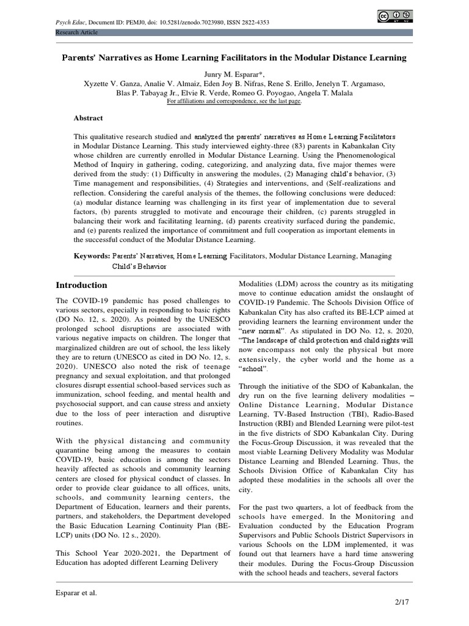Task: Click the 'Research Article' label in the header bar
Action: (76, 32)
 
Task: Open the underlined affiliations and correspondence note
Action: (234, 101)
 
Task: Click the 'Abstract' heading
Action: (89, 118)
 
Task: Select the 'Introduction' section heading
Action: (81, 285)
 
